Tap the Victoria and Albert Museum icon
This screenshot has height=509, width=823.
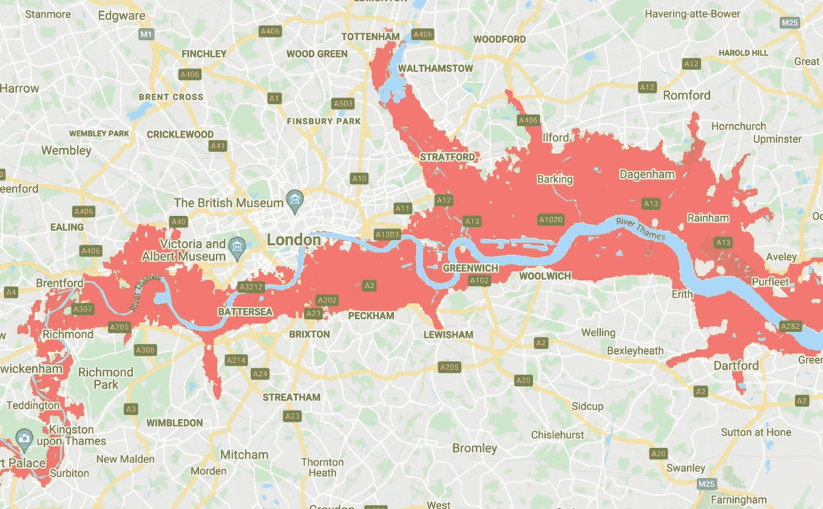point(237,245)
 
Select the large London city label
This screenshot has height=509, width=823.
point(294,240)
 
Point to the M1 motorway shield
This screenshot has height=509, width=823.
point(145,34)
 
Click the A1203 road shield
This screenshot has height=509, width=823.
point(387,235)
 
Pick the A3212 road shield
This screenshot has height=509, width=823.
point(250,287)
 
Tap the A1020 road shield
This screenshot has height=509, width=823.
point(550,220)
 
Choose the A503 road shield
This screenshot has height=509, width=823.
point(342,104)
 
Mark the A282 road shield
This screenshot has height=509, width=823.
point(790,326)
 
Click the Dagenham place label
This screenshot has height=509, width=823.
point(647,174)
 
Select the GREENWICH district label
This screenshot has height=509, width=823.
point(470,267)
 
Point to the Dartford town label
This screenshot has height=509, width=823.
point(736,366)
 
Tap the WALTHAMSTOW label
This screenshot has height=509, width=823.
point(436,69)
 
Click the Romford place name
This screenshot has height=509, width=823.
point(687,95)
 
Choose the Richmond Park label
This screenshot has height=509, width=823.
point(106,378)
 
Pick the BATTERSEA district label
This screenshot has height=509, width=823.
point(245,312)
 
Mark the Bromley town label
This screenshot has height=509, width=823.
point(475,448)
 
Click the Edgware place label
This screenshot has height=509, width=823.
point(121,15)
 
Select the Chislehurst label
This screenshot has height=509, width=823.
point(558,435)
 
